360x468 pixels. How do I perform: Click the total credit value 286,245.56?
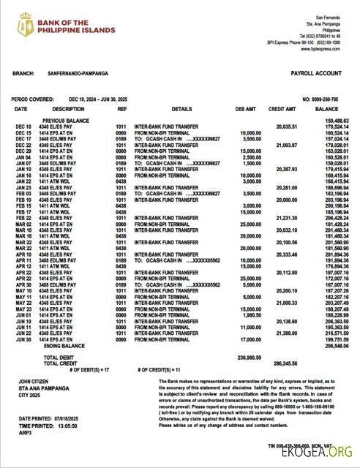(287, 363)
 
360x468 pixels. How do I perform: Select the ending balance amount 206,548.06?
(326, 345)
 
